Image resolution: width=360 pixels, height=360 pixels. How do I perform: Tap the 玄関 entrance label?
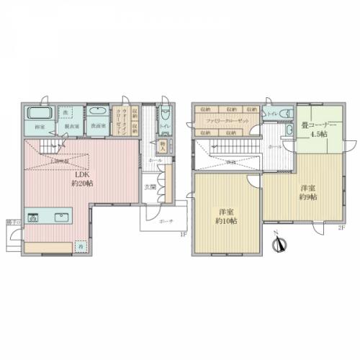[x=149, y=186]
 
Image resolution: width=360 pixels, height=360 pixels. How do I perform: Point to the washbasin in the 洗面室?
[x=96, y=113]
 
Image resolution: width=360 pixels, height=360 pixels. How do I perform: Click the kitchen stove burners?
[x=34, y=217]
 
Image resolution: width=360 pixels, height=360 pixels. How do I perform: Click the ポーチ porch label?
[x=166, y=221]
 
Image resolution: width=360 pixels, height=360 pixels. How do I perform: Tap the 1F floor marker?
[x=183, y=235]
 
